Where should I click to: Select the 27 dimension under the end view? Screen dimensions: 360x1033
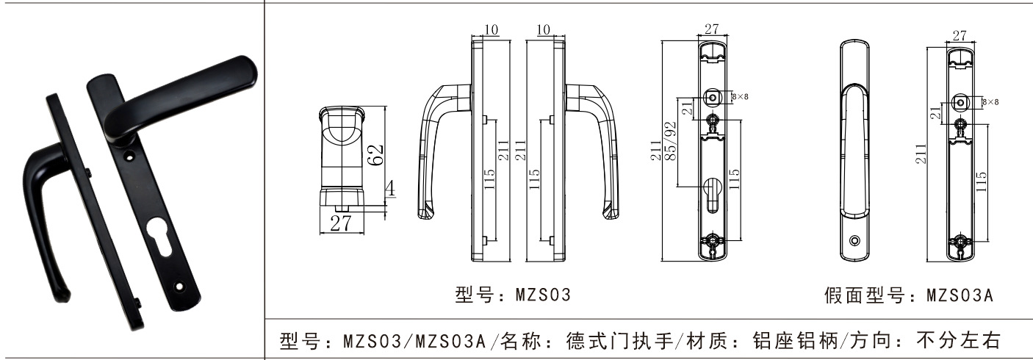[339, 224]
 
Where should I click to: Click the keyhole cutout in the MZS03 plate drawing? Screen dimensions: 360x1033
[710, 195]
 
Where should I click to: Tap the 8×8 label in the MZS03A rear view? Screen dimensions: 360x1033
[990, 101]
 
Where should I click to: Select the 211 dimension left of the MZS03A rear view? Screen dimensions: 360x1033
[921, 153]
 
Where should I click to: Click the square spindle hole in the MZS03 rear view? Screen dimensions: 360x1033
[711, 96]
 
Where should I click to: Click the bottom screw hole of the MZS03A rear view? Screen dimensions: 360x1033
[962, 241]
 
